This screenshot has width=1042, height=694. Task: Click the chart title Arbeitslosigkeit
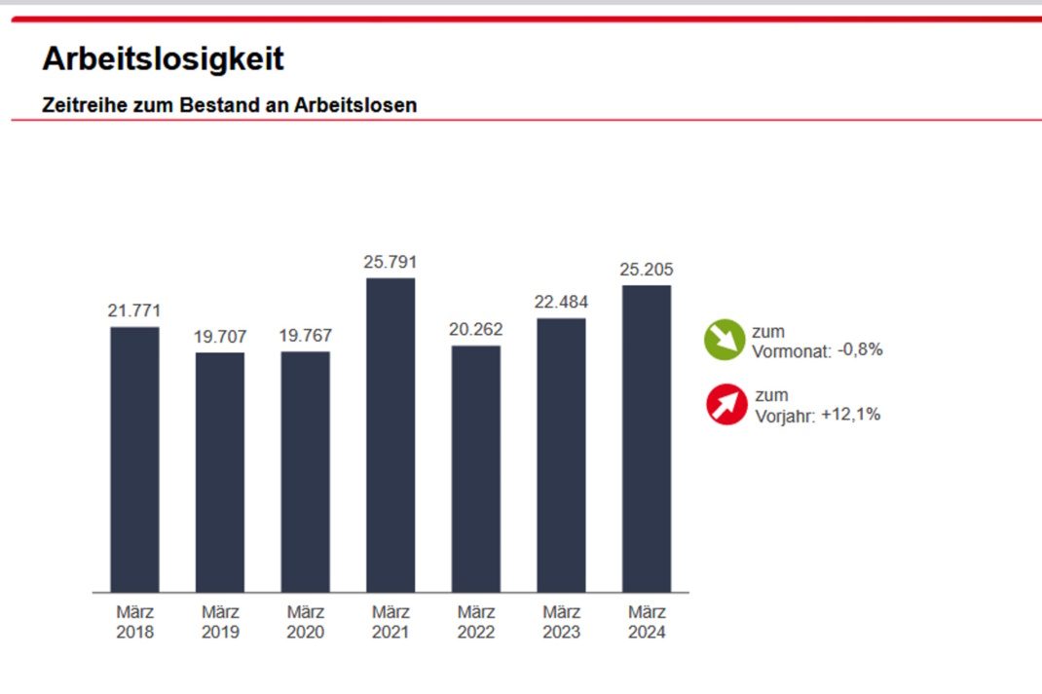163,59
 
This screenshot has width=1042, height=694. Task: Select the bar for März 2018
134,459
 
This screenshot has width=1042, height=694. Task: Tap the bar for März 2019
220,472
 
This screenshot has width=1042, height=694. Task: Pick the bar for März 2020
305,472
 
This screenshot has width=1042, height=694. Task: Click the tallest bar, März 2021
391,435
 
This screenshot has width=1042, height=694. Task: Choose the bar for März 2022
476,468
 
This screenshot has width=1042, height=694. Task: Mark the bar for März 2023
561,455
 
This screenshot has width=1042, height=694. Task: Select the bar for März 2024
647,438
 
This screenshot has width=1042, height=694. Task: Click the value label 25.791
391,262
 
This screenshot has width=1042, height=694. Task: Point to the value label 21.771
134,311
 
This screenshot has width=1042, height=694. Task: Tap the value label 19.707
220,337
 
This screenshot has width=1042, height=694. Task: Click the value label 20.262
476,330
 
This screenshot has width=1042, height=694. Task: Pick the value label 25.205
647,270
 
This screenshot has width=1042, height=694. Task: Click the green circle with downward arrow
724,341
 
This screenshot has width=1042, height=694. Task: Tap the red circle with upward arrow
726,405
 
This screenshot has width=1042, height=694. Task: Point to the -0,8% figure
860,350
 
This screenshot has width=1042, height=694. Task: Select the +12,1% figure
850,414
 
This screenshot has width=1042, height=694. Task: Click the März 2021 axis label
391,622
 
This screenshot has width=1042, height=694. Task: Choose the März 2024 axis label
647,622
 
